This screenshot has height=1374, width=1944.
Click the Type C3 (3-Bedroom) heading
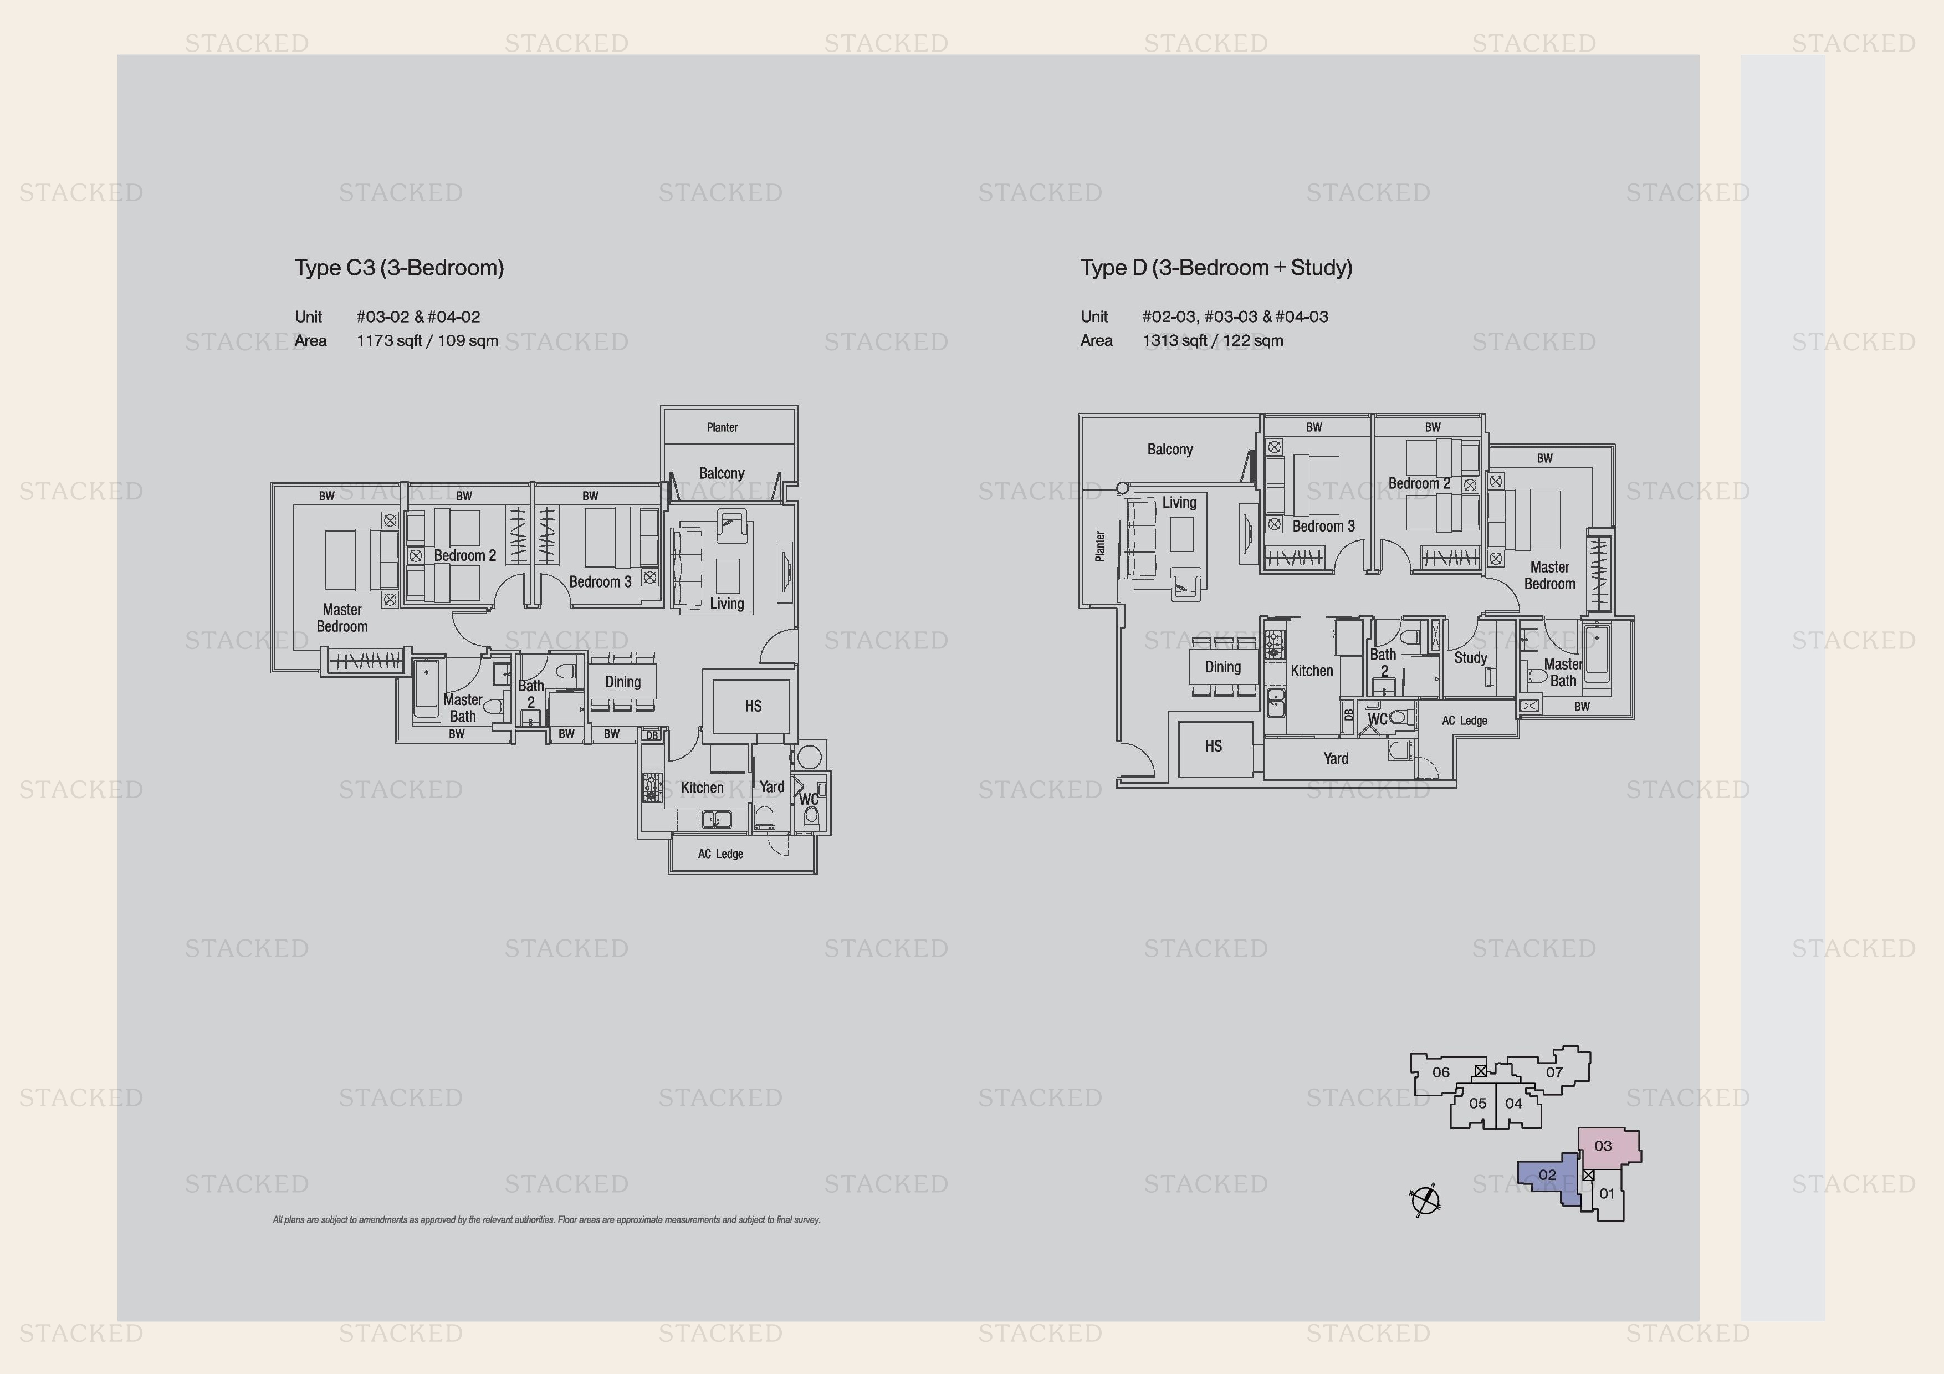[x=399, y=268]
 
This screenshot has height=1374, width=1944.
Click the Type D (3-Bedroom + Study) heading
[x=1216, y=268]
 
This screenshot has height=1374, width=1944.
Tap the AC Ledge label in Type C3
[x=720, y=854]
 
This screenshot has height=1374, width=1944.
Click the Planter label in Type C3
[x=722, y=427]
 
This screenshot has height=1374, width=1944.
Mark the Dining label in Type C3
[x=622, y=682]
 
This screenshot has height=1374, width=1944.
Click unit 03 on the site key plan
[x=1602, y=1146]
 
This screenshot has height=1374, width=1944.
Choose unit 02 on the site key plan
[x=1547, y=1175]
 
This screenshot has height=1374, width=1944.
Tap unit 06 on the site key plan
[x=1440, y=1072]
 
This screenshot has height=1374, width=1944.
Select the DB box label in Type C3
[x=651, y=735]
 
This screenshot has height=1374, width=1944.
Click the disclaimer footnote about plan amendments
[x=546, y=1220]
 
